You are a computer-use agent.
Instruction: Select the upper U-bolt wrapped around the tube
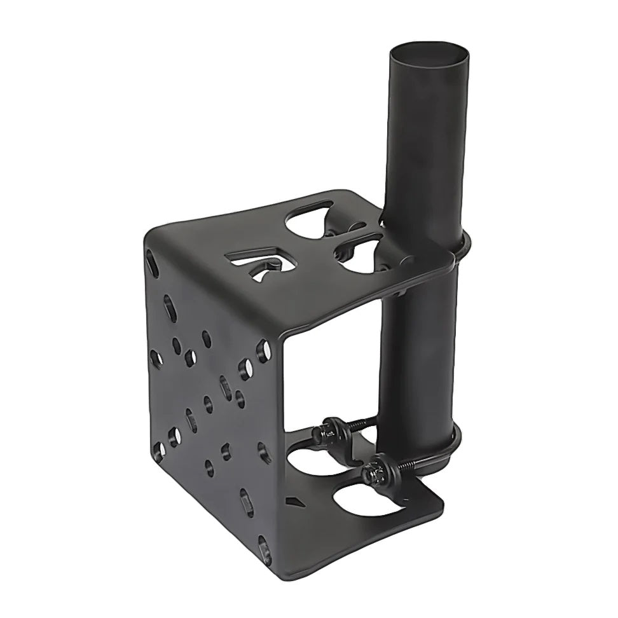[x=463, y=245]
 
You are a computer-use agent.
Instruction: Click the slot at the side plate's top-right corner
[x=262, y=350]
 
